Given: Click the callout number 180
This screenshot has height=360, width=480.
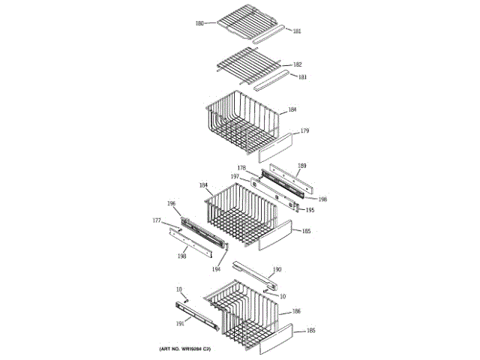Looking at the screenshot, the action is coord(199,23).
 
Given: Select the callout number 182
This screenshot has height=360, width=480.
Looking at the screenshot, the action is coord(297,64).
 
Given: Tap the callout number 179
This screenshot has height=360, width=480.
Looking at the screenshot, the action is coord(304,131).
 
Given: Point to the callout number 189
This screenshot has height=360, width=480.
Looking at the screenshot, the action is coord(302,166).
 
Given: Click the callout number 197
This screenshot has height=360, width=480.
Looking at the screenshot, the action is coord(235,176).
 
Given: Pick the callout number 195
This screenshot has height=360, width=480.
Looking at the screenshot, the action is coord(309,210).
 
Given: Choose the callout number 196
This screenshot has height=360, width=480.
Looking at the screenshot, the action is coord(172,203).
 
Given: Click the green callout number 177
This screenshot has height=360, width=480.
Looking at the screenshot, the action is coord(157,220).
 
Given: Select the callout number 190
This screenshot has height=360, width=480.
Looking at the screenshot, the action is coord(277,269).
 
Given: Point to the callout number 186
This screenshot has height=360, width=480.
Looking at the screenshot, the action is coord(296,310).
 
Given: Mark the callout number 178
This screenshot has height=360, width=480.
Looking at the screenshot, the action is coord(241,167).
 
